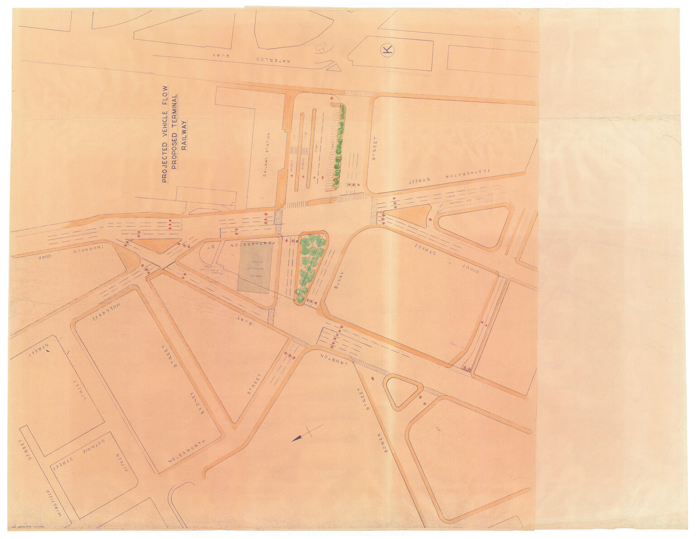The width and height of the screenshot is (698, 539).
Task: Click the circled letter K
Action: click(387, 49)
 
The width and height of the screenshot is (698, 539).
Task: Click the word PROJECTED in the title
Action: click(164, 162)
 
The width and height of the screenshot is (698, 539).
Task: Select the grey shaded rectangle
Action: click(255, 266)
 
